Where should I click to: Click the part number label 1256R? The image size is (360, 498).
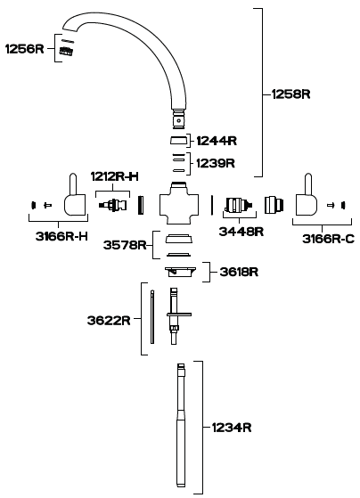click(x=25, y=49)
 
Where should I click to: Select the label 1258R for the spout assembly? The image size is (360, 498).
click(x=290, y=94)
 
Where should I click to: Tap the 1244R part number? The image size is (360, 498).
click(x=217, y=141)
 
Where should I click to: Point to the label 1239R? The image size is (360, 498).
click(x=216, y=163)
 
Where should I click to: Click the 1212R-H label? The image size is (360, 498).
click(x=115, y=176)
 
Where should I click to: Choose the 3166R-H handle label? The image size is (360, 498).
click(x=61, y=236)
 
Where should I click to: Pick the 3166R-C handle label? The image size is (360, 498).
click(x=328, y=239)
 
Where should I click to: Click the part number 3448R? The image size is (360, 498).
click(x=241, y=232)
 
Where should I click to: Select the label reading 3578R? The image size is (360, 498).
click(x=125, y=245)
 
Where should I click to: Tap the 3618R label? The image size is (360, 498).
click(x=239, y=272)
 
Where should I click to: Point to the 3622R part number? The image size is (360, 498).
click(x=109, y=320)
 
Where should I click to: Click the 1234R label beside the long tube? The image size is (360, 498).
click(x=232, y=428)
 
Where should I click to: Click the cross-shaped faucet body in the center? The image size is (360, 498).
click(x=179, y=204)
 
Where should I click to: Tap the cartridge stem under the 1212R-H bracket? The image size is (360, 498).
click(x=112, y=204)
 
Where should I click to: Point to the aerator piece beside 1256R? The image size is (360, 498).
click(x=67, y=51)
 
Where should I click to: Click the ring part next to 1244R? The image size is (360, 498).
click(x=178, y=141)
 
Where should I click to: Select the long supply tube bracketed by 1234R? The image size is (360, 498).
click(x=181, y=425)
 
